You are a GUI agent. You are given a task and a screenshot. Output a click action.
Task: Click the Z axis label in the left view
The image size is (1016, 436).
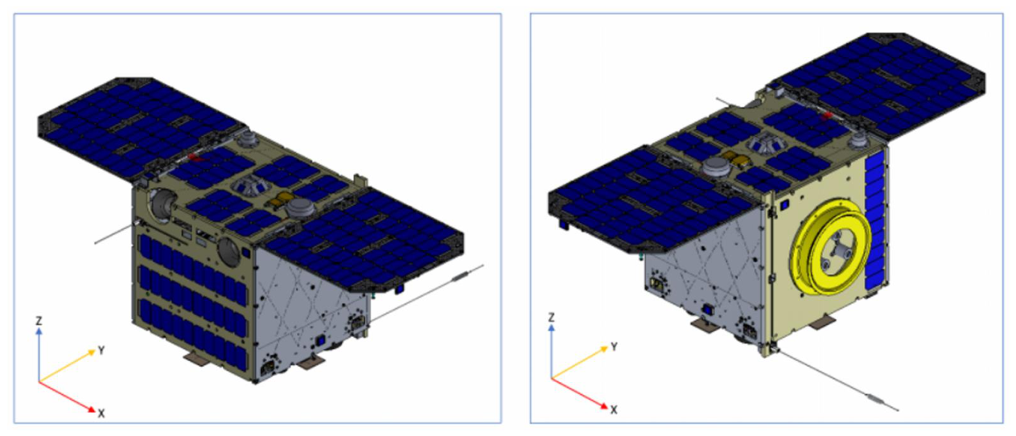(x=38, y=320)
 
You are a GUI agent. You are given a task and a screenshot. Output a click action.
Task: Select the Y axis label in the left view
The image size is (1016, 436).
(x=101, y=351)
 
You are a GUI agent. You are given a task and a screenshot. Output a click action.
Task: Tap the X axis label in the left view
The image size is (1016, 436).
(x=101, y=413)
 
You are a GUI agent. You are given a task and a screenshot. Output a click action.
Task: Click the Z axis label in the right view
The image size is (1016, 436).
(x=551, y=318)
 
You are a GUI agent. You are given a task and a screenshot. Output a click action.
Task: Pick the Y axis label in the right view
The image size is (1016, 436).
(x=614, y=348)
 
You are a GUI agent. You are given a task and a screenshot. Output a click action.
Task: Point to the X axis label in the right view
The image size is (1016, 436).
(x=614, y=409)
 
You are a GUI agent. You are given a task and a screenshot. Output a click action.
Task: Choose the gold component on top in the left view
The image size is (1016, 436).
(x=280, y=198)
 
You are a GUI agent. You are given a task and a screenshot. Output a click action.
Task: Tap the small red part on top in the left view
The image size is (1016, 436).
(x=195, y=159)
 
